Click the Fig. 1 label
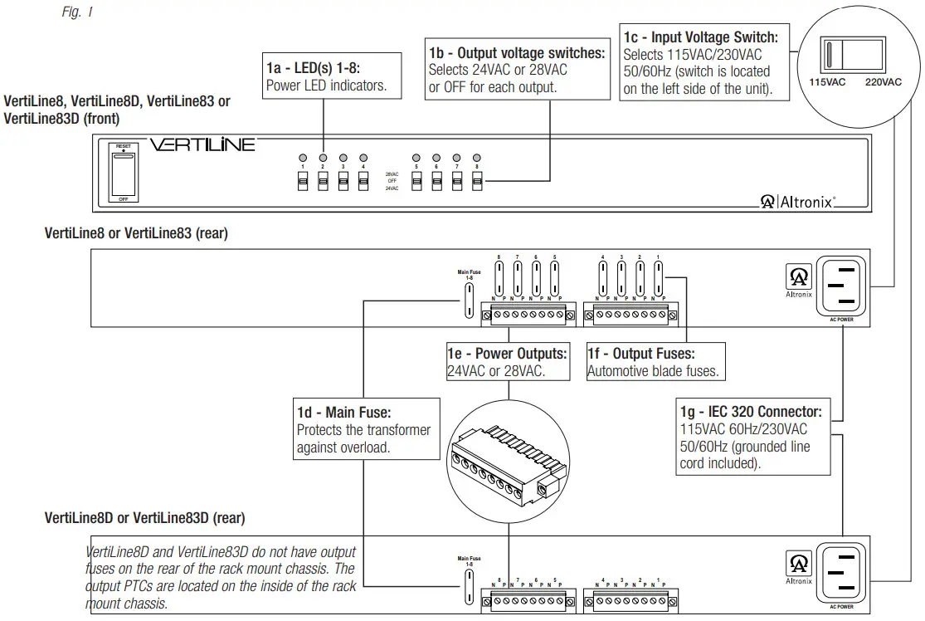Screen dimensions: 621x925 77,13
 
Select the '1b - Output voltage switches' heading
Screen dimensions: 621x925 516,53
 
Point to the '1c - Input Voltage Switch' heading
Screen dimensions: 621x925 700,37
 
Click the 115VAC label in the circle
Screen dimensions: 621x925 827,82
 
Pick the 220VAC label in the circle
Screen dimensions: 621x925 882,82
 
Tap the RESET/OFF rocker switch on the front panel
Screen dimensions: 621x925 123,174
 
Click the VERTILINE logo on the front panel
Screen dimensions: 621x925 202,145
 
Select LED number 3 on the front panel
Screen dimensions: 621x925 343,157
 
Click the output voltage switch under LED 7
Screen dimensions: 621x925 456,182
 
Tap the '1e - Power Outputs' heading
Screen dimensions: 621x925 507,354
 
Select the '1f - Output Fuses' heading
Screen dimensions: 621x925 641,354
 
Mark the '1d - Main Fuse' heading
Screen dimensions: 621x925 343,412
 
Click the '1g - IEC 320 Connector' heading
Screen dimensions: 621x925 751,411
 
